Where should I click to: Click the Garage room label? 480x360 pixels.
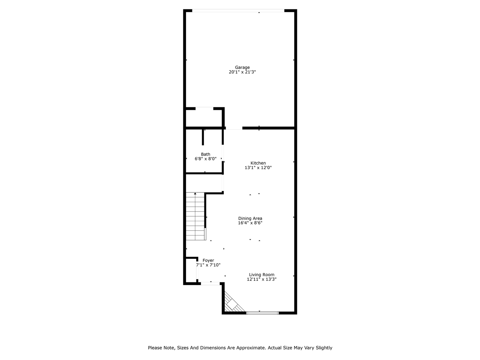coord(242,67)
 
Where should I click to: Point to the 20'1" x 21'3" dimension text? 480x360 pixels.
coord(242,72)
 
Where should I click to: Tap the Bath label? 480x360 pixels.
coord(205,154)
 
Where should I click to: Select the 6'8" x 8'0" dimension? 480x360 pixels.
coord(205,159)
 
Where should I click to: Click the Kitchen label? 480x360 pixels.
coord(258,163)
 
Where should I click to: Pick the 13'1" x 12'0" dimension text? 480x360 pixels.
coord(258,168)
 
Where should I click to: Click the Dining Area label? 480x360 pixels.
coord(250,218)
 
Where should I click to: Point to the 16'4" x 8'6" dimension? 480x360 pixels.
coord(250,223)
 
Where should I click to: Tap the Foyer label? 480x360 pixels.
coord(208,260)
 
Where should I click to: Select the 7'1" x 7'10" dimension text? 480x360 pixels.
coord(208,265)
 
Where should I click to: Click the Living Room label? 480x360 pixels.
coord(261,274)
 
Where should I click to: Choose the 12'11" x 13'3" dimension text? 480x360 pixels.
coord(261,279)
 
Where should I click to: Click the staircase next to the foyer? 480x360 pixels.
coord(195,217)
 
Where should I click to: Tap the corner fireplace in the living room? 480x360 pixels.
coord(232,304)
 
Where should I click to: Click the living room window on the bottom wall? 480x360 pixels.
coord(262,313)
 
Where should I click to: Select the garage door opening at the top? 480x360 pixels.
coord(238,10)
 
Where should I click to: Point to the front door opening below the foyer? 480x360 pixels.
coord(210,284)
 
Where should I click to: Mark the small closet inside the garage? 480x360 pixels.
coord(204,118)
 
